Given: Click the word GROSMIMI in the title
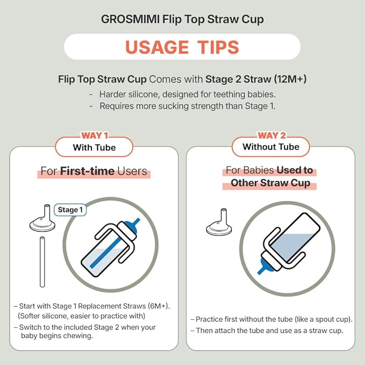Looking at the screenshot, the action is [130, 19].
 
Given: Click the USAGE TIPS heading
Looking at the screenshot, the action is [182, 47].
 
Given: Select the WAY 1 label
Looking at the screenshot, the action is [95, 135].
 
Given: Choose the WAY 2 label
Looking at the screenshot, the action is [271, 135].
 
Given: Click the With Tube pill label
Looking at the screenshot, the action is [94, 148].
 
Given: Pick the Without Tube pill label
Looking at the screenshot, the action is [271, 147].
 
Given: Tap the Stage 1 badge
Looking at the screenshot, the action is [70, 210].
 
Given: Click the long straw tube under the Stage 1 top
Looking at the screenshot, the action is [42, 262].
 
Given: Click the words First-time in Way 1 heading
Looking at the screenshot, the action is [87, 171].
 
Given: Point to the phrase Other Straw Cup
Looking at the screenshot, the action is [270, 183].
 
